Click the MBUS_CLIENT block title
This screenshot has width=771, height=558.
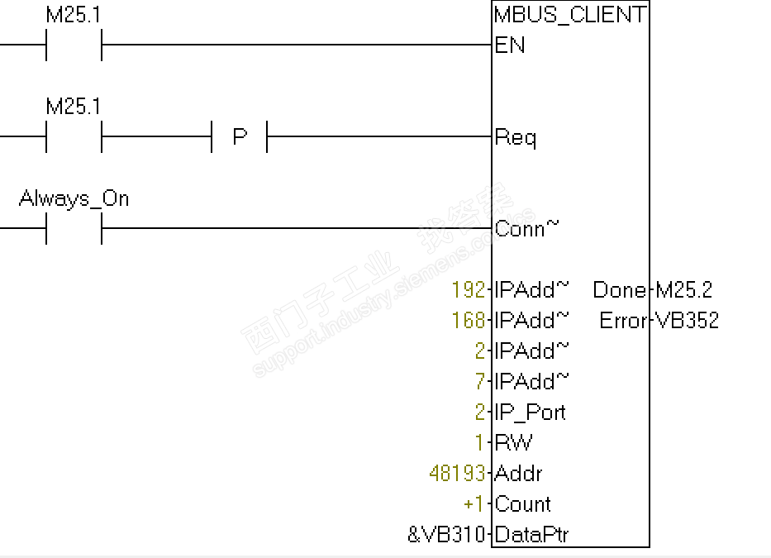pyautogui.click(x=569, y=14)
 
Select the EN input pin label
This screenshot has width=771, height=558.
pyautogui.click(x=509, y=45)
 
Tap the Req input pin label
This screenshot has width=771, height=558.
pyautogui.click(x=515, y=137)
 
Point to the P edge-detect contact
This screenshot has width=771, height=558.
pyautogui.click(x=240, y=136)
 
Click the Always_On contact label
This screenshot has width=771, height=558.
pyautogui.click(x=74, y=199)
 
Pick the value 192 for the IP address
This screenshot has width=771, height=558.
pyautogui.click(x=469, y=290)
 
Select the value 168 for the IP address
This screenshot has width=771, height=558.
pyautogui.click(x=469, y=321)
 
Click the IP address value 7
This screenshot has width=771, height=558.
pyautogui.click(x=480, y=382)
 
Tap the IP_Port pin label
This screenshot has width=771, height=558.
pyautogui.click(x=530, y=413)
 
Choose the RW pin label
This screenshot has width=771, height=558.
pyautogui.click(x=513, y=443)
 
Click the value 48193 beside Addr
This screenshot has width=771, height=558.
pyautogui.click(x=457, y=474)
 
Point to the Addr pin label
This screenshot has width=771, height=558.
pyautogui.click(x=518, y=474)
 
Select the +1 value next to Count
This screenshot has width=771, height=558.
pyautogui.click(x=474, y=504)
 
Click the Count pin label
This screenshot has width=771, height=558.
pyautogui.click(x=522, y=504)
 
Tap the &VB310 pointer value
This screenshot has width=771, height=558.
pyautogui.click(x=446, y=535)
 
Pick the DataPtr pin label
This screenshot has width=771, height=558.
pyautogui.click(x=531, y=535)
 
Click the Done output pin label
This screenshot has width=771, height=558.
pyautogui.click(x=619, y=290)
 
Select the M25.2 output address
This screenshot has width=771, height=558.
pyautogui.click(x=683, y=290)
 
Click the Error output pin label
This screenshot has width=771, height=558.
pyautogui.click(x=622, y=321)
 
